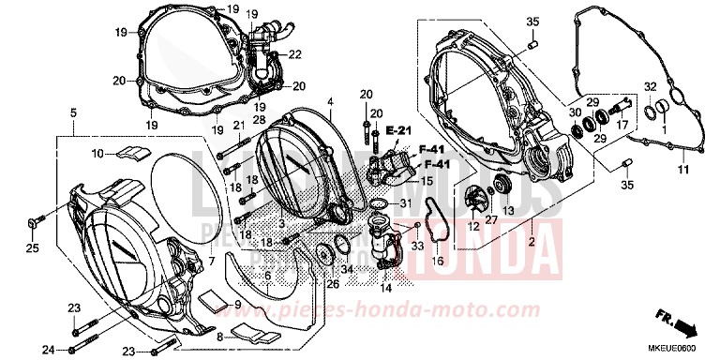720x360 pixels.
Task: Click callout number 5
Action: pos(73,112)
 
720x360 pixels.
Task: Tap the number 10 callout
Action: pos(97,153)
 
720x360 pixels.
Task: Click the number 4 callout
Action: pos(330,100)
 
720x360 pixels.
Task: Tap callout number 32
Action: pos(650,87)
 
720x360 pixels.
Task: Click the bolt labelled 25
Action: pos(34,222)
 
